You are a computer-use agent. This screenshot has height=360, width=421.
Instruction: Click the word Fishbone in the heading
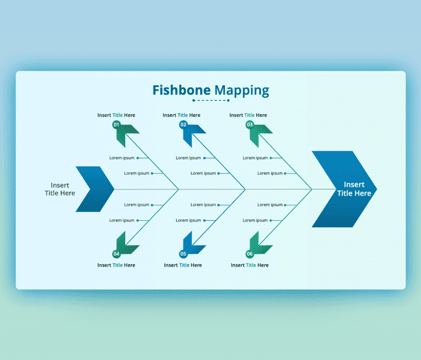pos(182,91)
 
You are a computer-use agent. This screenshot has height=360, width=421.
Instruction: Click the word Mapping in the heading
pos(242,91)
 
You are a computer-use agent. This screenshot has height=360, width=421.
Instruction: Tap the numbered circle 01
pos(116,125)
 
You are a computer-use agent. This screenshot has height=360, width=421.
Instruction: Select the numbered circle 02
pos(183,125)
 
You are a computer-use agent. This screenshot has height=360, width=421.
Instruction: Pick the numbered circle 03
pos(250,125)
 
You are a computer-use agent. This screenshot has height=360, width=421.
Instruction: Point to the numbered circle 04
pos(116,253)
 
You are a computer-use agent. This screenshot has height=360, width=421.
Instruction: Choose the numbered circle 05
pos(183,253)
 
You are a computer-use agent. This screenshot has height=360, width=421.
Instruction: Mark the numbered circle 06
pos(250,253)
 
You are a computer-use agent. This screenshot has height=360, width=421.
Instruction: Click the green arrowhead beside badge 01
pos(127,134)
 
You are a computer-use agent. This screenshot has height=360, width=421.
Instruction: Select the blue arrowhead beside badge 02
pos(193,134)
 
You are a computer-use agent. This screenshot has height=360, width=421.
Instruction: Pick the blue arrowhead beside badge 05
pos(193,244)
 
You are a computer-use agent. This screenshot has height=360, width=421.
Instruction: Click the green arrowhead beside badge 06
pos(260,244)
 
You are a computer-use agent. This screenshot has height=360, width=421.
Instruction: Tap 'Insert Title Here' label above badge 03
pos(248,115)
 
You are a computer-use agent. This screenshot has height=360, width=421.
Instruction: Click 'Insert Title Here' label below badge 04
pos(116,265)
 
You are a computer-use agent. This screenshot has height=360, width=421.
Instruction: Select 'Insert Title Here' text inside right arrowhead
pos(354,189)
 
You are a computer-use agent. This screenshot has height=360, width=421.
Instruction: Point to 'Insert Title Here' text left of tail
pos(60,189)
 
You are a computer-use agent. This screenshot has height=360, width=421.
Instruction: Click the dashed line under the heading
pos(211,101)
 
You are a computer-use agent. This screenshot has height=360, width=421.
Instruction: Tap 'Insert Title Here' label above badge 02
pos(182,115)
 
